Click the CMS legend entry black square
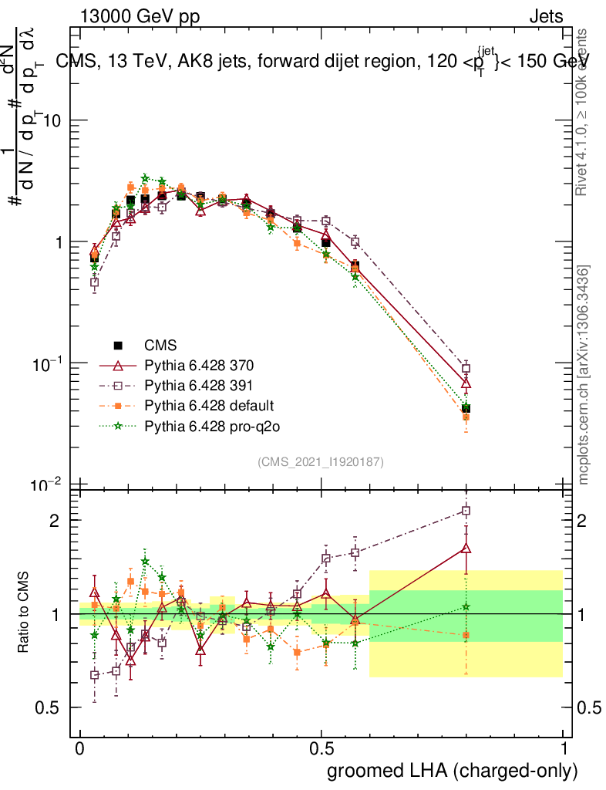point(119,345)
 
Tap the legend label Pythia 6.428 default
point(209,405)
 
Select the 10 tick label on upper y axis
point(51,121)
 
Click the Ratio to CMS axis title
point(25,613)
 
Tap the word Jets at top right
point(545,16)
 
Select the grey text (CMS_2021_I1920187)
point(321,461)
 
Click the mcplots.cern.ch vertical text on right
point(584,375)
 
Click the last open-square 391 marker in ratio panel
point(466,511)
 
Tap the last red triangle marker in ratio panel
point(466,549)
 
